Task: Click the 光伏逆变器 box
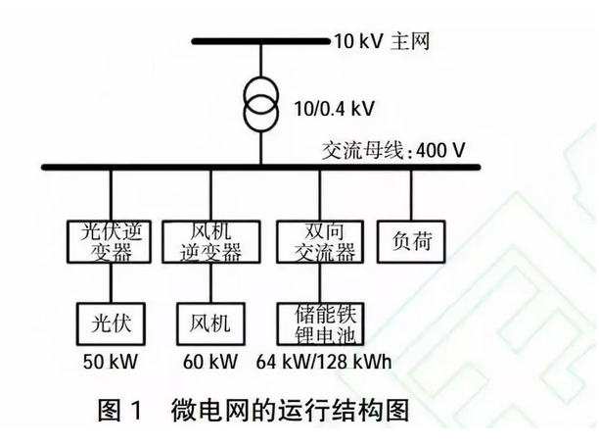[111, 241]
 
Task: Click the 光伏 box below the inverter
[111, 321]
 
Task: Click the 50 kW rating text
[111, 362]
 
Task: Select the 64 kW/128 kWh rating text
[323, 362]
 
